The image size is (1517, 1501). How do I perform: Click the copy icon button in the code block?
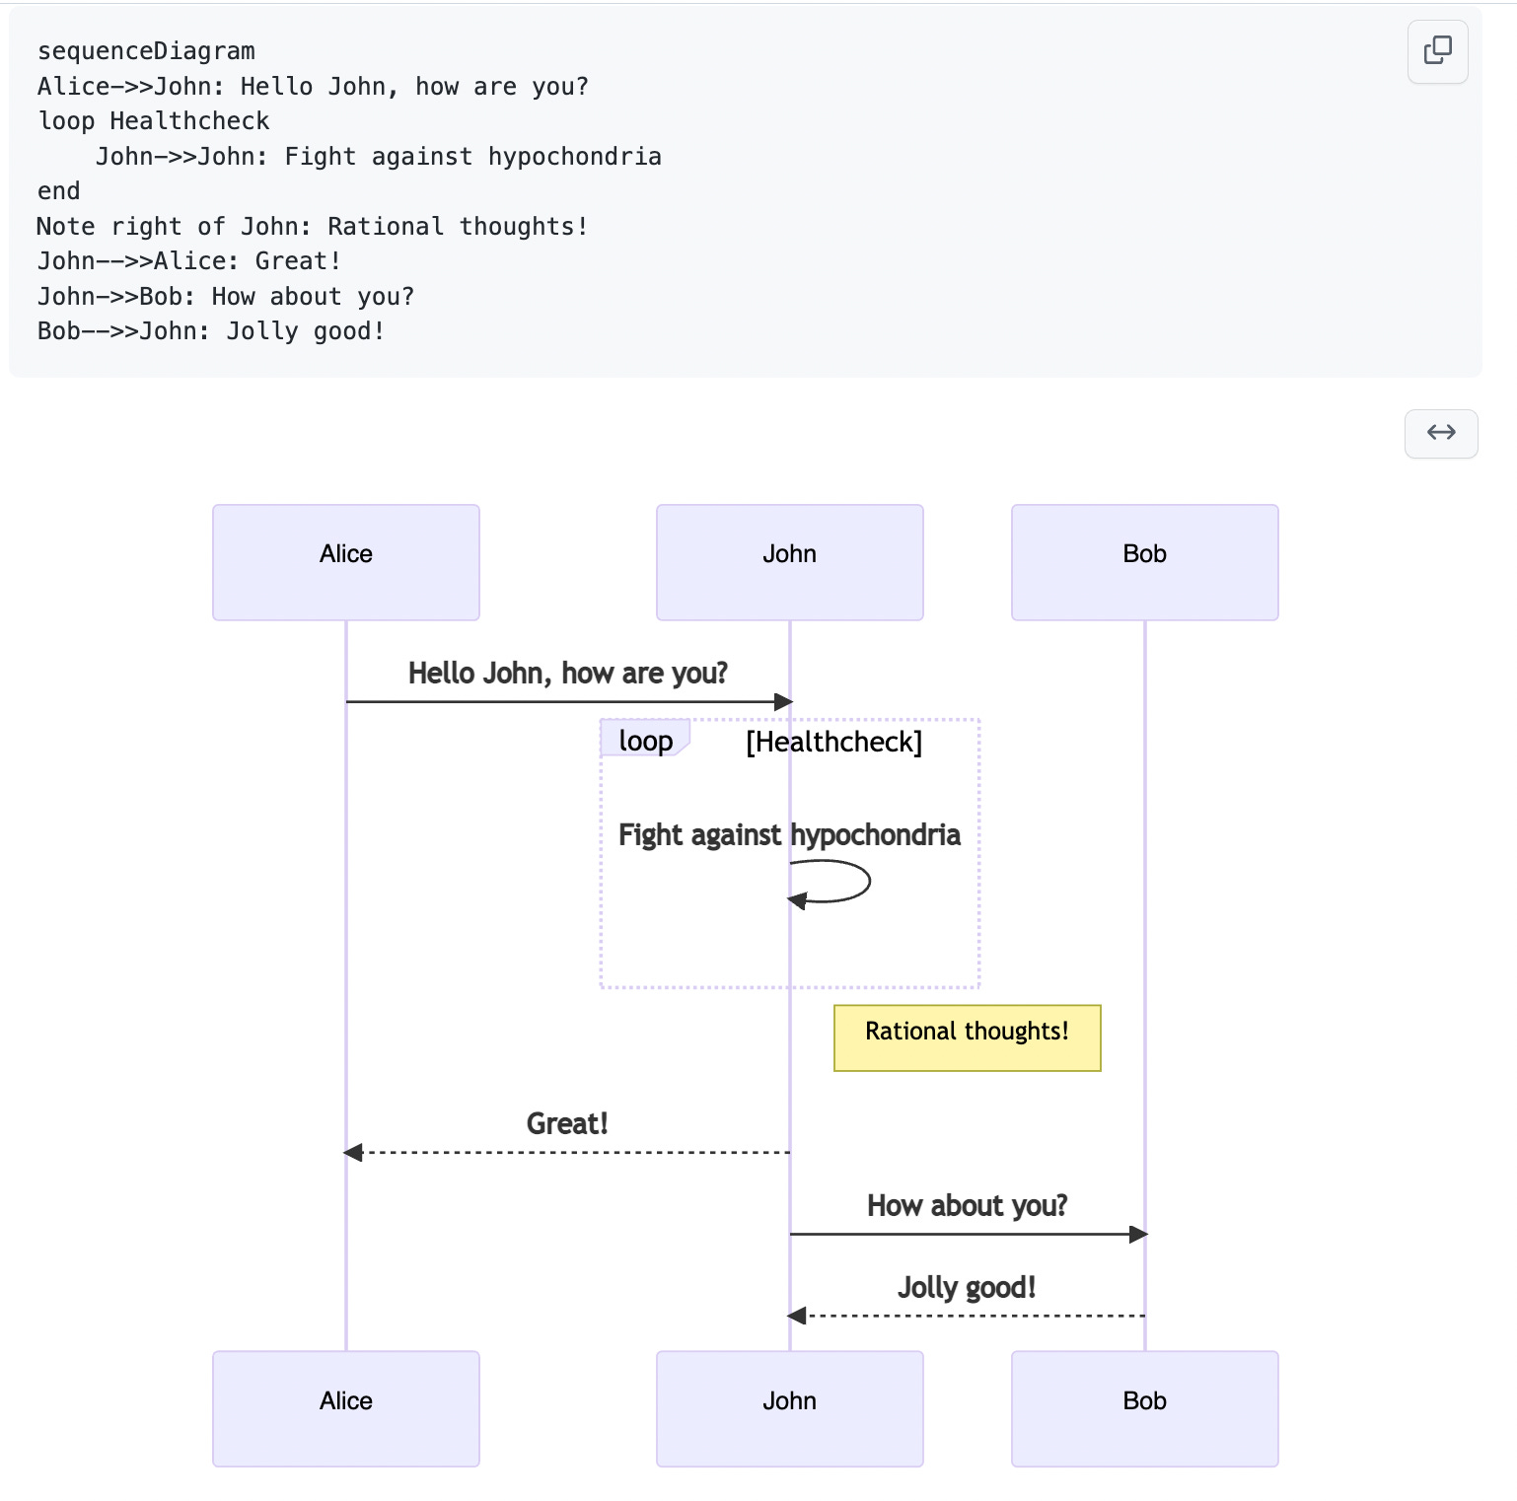pyautogui.click(x=1437, y=50)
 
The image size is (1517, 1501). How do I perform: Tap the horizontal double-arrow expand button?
pyautogui.click(x=1440, y=433)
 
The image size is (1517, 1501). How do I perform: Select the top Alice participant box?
pyautogui.click(x=346, y=562)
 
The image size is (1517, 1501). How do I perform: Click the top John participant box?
pyautogui.click(x=789, y=562)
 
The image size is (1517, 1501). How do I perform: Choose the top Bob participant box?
pyautogui.click(x=1144, y=562)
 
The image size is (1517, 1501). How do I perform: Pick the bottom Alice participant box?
pyautogui.click(x=346, y=1407)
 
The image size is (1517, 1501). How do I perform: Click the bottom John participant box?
pyautogui.click(x=789, y=1407)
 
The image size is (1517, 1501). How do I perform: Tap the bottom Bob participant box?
pyautogui.click(x=1144, y=1407)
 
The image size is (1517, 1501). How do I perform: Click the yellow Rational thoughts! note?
pyautogui.click(x=967, y=1036)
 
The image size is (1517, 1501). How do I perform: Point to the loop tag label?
pyautogui.click(x=645, y=741)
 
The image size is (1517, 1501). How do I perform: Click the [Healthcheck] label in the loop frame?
pyautogui.click(x=833, y=742)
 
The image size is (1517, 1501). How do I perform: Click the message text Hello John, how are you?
pyautogui.click(x=567, y=674)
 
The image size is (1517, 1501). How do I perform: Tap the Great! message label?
pyautogui.click(x=567, y=1123)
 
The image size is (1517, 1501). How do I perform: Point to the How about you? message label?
pyautogui.click(x=967, y=1205)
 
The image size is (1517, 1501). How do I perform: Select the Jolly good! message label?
pyautogui.click(x=967, y=1287)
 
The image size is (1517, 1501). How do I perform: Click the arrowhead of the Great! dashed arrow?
pyautogui.click(x=353, y=1152)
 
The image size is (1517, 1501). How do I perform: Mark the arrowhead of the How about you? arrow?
pyautogui.click(x=1138, y=1234)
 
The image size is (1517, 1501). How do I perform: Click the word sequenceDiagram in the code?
pyautogui.click(x=146, y=51)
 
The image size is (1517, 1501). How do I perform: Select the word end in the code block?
pyautogui.click(x=59, y=191)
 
